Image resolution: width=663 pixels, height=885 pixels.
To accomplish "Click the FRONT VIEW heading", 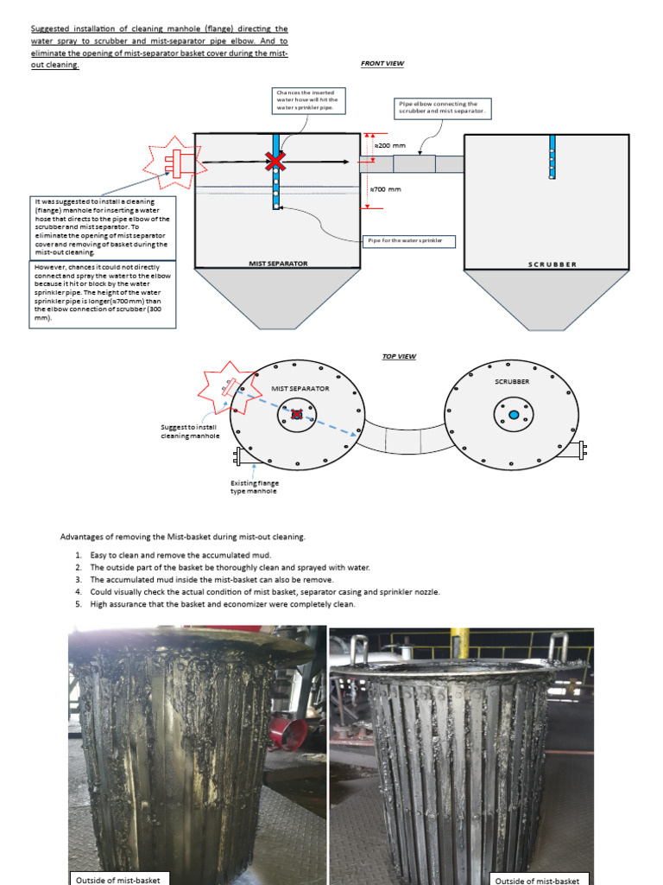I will [x=382, y=64].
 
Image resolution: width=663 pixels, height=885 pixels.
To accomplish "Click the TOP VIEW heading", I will [x=399, y=356].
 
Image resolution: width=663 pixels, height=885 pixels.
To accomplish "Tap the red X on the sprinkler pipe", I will [x=275, y=162].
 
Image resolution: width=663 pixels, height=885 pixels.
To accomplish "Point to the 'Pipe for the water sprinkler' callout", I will [x=410, y=239].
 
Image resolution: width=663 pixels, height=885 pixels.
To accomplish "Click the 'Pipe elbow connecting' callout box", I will [x=443, y=108].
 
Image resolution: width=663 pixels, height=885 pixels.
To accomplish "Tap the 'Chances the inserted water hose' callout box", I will [x=310, y=100].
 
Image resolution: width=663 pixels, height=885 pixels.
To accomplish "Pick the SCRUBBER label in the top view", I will [x=512, y=380].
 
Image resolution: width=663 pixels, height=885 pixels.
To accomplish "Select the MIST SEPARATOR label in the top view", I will [x=300, y=389].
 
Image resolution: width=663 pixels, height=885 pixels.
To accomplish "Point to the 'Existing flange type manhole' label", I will [x=254, y=487].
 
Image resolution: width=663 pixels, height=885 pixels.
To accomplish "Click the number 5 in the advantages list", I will [x=78, y=604].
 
